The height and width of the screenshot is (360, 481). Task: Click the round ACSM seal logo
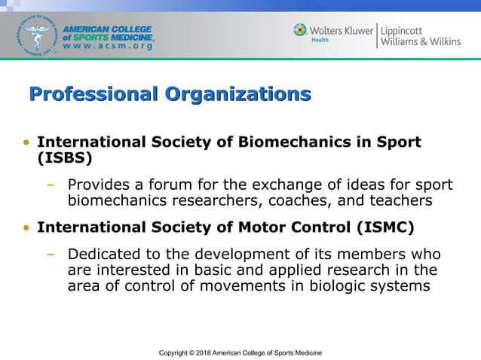34,35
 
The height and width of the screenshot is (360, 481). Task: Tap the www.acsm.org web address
109,47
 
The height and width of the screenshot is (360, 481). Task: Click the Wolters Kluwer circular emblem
300,30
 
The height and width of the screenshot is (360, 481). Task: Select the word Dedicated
103,255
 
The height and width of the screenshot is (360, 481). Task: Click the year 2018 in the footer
202,352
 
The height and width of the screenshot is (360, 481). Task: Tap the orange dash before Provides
51,185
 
